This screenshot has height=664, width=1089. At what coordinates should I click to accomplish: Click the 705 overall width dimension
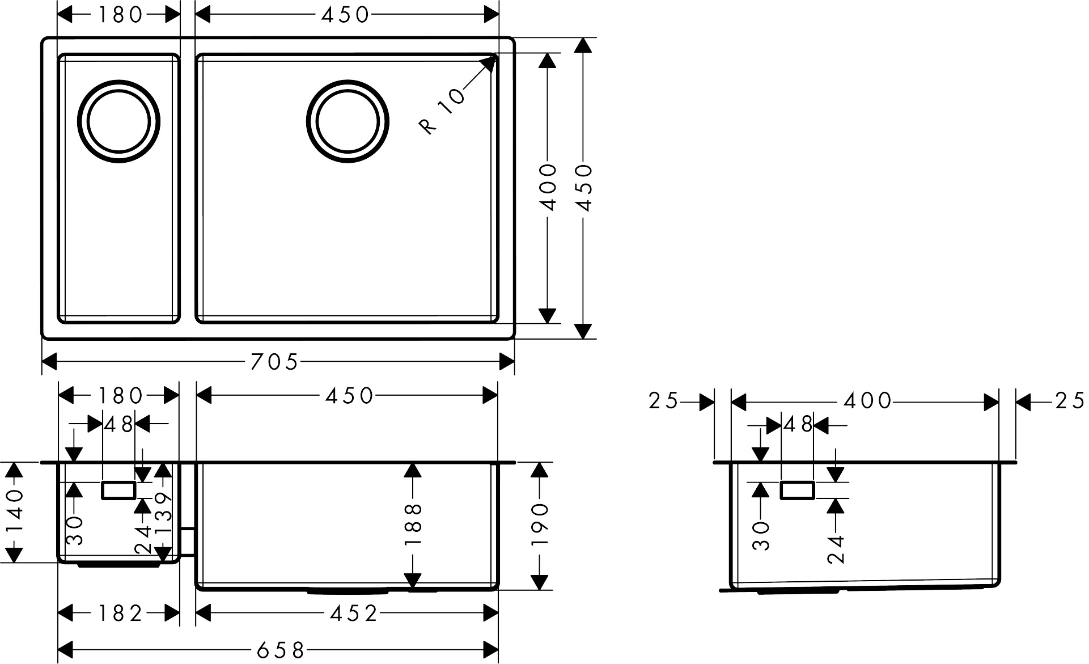coord(274,362)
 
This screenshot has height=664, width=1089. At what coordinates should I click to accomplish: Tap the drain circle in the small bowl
coord(118,121)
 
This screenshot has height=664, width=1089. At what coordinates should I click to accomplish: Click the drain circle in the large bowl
coord(348,121)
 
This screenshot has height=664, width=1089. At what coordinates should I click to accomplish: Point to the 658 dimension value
coord(281,650)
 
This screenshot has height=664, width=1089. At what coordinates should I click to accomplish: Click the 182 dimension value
coord(120,614)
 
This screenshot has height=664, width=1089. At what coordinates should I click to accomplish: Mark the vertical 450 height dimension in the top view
coord(584,188)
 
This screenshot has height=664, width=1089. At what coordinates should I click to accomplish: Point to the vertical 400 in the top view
coord(548,188)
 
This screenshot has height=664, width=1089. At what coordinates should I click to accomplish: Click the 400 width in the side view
coord(867,402)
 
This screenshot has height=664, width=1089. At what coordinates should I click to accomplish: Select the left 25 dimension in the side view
coord(663,402)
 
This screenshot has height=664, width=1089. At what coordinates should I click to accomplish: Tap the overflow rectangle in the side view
coord(798,490)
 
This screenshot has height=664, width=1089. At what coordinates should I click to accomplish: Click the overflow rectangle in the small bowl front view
coord(118,490)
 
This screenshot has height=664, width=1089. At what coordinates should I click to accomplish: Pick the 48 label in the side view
coord(798,424)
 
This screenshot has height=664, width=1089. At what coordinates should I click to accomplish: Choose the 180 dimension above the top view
coord(120,15)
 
